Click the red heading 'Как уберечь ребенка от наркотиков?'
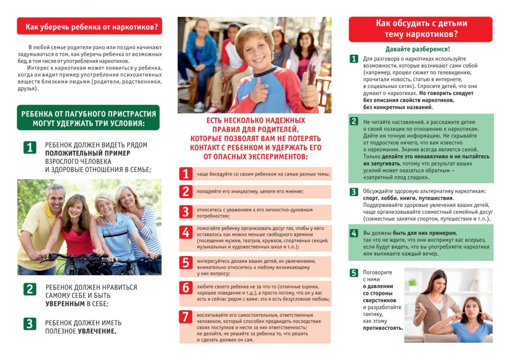point(89,26)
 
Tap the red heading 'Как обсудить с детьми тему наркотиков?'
point(420,29)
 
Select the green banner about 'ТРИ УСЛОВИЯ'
point(88,119)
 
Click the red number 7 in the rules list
point(185,317)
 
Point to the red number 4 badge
point(185,232)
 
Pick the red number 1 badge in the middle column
point(185,174)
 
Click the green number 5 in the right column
point(354,273)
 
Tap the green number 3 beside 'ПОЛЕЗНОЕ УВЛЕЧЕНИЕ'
point(29,324)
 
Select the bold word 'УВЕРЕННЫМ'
point(65,304)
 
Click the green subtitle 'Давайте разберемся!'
point(417,49)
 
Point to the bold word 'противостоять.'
point(383,329)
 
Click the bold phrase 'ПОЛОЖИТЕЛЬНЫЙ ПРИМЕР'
point(88,153)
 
